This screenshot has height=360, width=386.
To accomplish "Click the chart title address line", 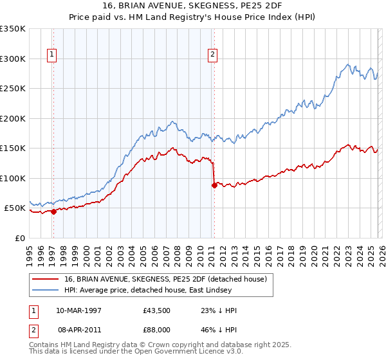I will click(x=193, y=6).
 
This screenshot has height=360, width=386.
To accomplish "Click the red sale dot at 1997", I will click(x=54, y=212).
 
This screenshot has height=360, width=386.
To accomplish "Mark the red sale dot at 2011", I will click(x=214, y=186).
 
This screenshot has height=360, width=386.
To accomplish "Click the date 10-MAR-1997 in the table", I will click(x=79, y=310).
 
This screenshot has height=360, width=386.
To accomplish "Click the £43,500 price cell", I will click(x=157, y=310).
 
